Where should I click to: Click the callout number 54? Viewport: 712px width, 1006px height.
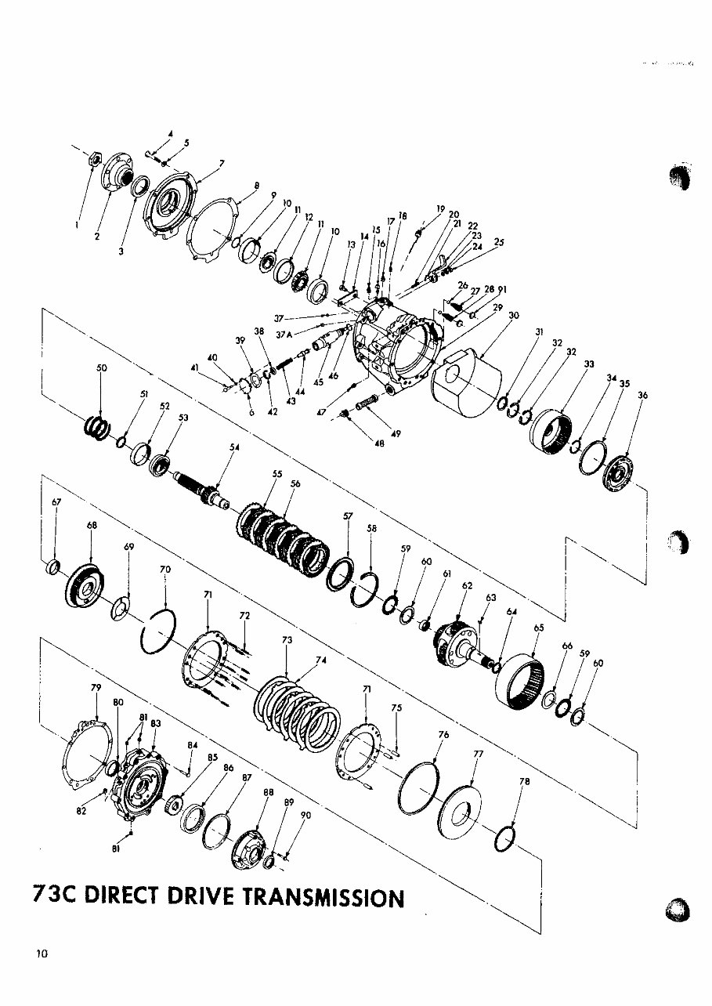tap(233, 447)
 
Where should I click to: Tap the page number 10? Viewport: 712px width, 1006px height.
tap(42, 954)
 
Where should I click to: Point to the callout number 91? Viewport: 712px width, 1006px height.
tap(502, 290)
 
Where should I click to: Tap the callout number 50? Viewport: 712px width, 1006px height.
tap(101, 367)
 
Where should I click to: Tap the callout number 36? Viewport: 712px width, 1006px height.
tap(642, 396)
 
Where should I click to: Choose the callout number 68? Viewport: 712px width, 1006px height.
tap(92, 526)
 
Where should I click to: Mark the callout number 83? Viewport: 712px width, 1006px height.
tap(156, 723)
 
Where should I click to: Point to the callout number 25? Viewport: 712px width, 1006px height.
tap(499, 243)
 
